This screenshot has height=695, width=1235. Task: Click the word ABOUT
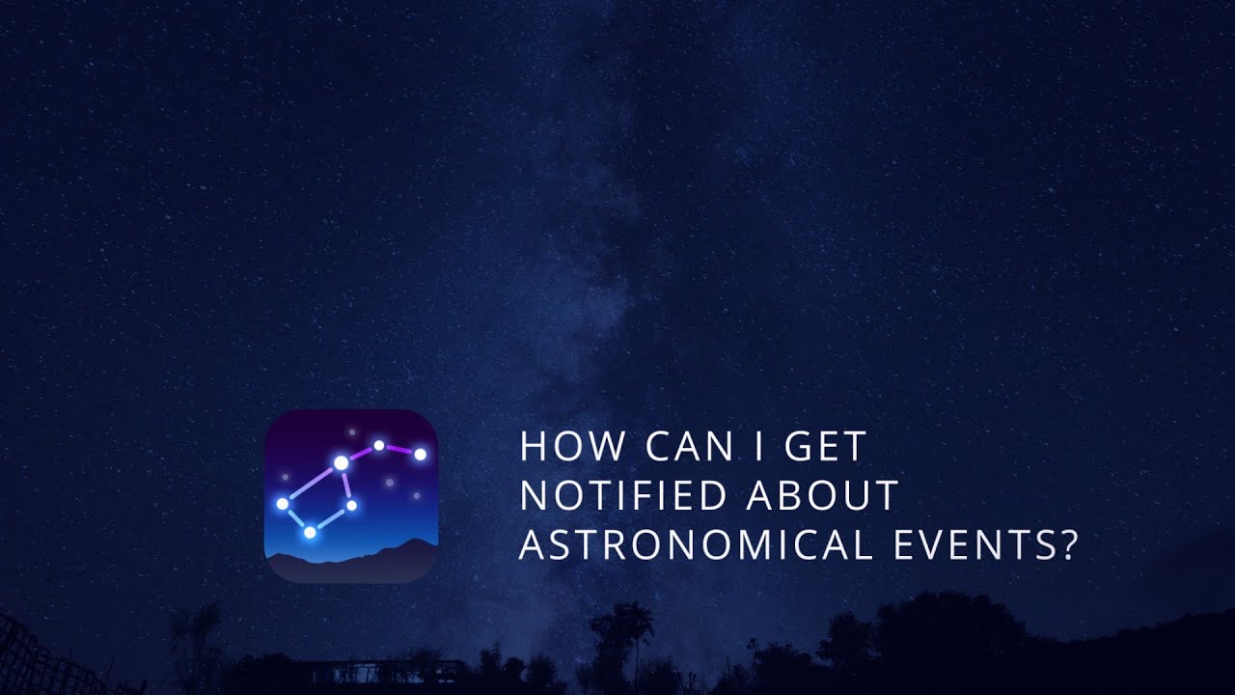(823, 496)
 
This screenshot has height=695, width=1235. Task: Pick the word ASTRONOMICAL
(692, 545)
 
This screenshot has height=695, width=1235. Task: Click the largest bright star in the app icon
(341, 463)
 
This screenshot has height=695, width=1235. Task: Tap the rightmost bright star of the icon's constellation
(420, 454)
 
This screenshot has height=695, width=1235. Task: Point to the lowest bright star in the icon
(310, 532)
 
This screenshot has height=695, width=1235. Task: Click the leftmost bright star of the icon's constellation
(282, 503)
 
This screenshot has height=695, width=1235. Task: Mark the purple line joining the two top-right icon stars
(399, 449)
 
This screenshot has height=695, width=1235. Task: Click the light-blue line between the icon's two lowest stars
(331, 518)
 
